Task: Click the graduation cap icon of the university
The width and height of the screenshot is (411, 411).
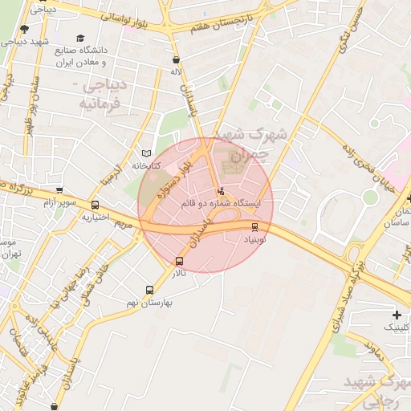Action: click(79, 38)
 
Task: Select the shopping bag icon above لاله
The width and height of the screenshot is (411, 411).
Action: click(176, 59)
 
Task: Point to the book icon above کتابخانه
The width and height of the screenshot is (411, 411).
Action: click(145, 153)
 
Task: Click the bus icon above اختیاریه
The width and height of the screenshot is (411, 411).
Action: click(96, 205)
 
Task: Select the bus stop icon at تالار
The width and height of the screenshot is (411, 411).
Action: click(179, 261)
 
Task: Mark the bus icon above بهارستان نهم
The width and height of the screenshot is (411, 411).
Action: click(149, 290)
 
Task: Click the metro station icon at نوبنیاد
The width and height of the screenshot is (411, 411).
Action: click(255, 227)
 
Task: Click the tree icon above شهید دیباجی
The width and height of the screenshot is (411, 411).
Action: click(23, 29)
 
